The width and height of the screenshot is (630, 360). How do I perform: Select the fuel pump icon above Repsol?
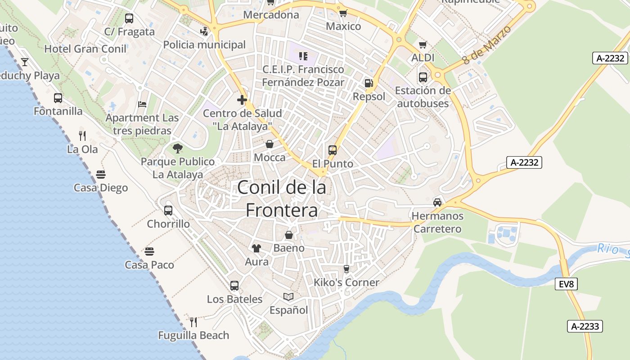coord(369,83)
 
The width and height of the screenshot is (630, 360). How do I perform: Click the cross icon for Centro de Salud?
coord(242,100)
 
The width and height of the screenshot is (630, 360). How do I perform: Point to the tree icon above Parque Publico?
coord(178,148)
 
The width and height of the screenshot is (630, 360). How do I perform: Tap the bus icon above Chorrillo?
coord(168,210)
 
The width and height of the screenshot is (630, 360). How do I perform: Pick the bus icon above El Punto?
coord(333,150)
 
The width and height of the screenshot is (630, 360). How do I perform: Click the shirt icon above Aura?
coord(256,248)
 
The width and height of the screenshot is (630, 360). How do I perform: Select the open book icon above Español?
coord(288,297)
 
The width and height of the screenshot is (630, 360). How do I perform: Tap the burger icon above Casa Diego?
coord(101,174)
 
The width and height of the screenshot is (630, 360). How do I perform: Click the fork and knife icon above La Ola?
coord(82,135)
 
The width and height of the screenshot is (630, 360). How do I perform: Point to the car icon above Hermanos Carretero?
coord(437,202)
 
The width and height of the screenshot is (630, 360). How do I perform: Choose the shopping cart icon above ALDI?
coord(423,45)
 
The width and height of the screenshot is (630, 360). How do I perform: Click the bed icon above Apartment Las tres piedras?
coord(142,104)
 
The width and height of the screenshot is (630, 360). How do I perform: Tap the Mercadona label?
coord(271,15)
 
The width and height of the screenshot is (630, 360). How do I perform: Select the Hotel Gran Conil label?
coord(85,49)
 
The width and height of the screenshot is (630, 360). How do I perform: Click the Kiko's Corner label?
coord(346,283)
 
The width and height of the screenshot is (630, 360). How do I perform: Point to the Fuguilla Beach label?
coord(193,335)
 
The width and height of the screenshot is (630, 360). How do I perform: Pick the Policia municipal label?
coord(204,45)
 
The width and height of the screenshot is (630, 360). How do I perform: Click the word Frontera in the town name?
coord(282,210)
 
